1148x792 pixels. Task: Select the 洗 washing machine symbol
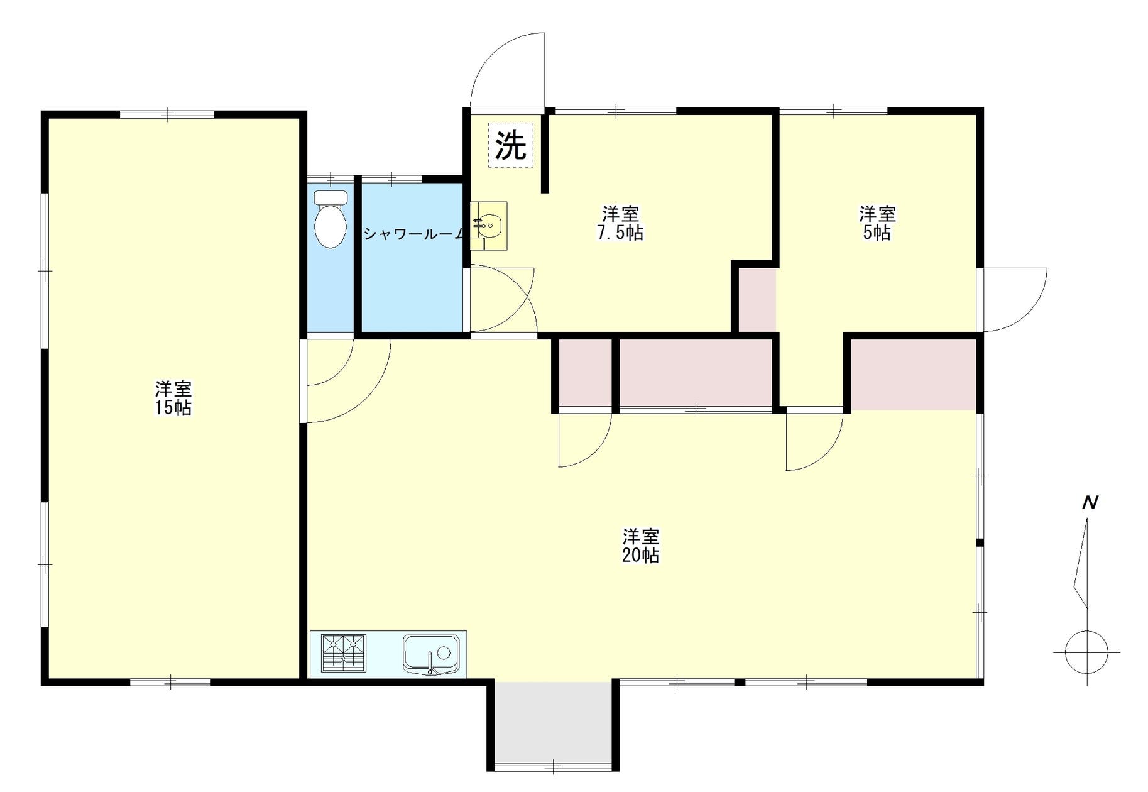(511, 145)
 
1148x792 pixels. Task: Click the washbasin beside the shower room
(489, 226)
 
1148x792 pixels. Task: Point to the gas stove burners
(343, 653)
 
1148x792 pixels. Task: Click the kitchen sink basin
(431, 654)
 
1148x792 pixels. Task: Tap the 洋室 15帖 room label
(173, 398)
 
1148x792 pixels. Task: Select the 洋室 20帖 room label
(641, 546)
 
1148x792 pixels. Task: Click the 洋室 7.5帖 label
(620, 223)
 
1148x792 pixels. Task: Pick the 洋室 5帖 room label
(877, 223)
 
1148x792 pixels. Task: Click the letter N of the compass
(1090, 502)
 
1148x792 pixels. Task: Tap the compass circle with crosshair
(1087, 652)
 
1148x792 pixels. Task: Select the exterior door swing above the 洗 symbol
(508, 70)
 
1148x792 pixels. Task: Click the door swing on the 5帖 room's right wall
(1015, 300)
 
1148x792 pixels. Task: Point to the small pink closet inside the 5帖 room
(757, 300)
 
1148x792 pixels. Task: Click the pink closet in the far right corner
(914, 375)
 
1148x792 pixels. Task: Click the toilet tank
(331, 197)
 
